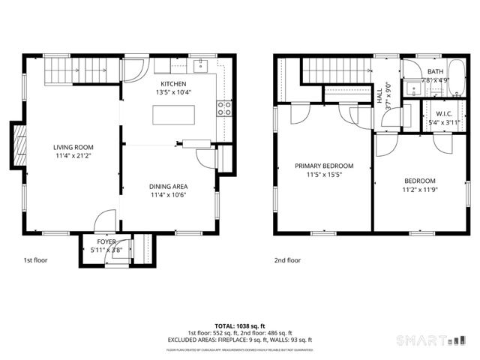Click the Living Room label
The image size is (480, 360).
(x=72, y=147)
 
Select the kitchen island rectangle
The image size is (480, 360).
(x=173, y=115)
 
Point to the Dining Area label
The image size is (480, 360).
(x=168, y=187)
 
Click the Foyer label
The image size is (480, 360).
(x=106, y=241)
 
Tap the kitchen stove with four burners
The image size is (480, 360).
(x=223, y=108)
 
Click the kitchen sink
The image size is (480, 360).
(x=200, y=67)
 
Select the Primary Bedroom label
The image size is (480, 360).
(x=323, y=166)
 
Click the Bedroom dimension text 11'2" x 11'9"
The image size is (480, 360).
(x=419, y=190)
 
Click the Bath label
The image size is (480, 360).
(x=435, y=71)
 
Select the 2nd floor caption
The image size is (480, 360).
(x=286, y=260)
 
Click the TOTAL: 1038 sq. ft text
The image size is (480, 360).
(x=240, y=326)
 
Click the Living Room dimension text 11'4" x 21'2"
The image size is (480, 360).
(x=72, y=156)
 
